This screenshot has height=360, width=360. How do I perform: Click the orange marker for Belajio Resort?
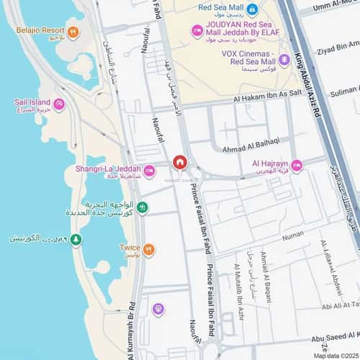point(72,32)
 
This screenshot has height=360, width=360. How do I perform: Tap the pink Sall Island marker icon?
point(59,104)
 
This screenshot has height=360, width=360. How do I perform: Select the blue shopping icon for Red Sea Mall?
point(252,9)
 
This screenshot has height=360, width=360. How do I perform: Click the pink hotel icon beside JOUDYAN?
point(197,31)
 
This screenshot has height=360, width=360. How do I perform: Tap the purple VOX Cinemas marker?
point(284,59)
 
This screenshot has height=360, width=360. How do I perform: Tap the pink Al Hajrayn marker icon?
point(296,166)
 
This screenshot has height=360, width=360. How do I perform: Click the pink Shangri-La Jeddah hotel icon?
point(149,171)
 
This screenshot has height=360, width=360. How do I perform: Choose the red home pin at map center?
point(180,161)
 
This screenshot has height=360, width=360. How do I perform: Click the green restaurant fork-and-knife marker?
point(143,207)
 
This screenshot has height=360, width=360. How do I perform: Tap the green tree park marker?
point(76,239)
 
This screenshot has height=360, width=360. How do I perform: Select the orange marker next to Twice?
point(148,250)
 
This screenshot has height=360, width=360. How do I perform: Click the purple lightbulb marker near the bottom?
point(158,309)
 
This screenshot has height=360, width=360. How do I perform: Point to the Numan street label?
point(293,234)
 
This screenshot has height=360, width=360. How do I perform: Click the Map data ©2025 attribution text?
point(334,356)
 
